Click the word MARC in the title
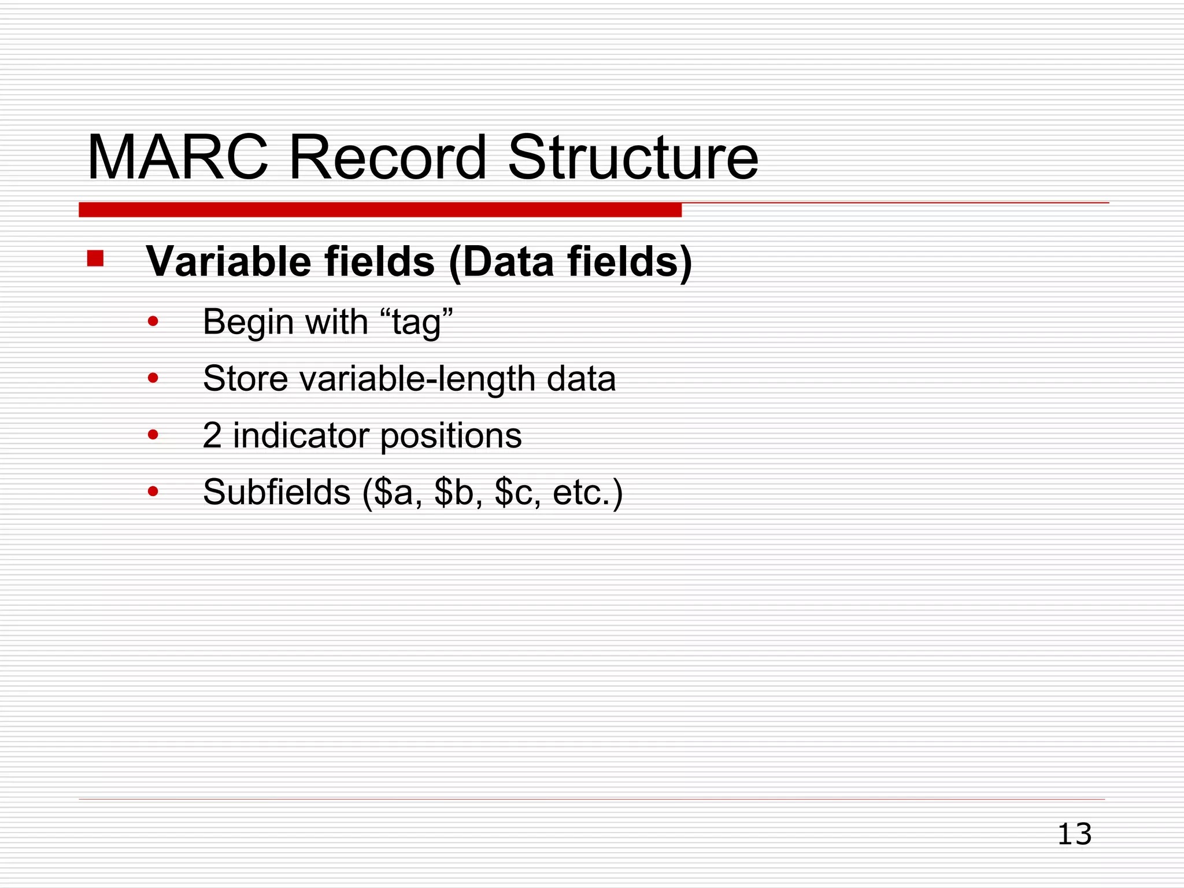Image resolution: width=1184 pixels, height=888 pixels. pos(177,157)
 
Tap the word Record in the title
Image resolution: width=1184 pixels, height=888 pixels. pos(387,157)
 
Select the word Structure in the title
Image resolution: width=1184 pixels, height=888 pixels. pos(632,157)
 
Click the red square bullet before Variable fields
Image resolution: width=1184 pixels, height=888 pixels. pos(95,258)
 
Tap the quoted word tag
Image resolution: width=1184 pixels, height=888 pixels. pos(416,322)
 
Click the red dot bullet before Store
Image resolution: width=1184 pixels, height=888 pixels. pos(153,379)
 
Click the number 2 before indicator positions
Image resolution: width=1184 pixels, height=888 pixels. pos(212,435)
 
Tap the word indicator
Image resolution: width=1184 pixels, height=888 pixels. pos(301,435)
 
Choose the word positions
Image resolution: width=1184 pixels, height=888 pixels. pos(451,435)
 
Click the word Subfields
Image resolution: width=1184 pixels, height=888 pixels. pos(276,492)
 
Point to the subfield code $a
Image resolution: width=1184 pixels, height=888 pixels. pos(394,492)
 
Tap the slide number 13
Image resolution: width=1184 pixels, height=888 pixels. pos(1074,834)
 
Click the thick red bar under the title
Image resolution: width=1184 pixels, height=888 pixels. pos(380,209)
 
